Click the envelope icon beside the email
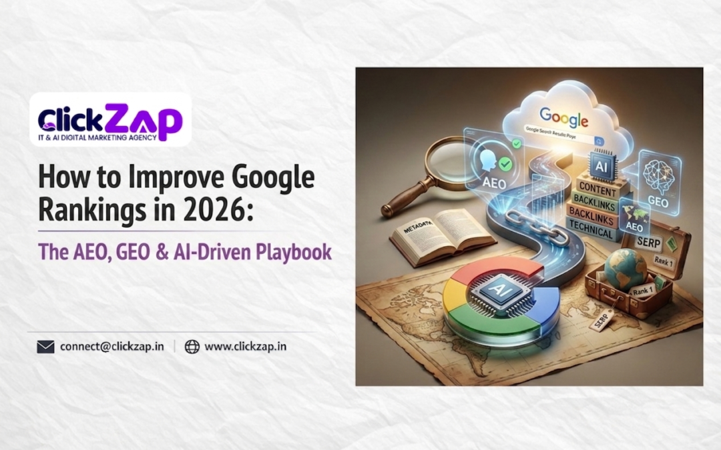pyautogui.click(x=45, y=347)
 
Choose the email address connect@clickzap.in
pyautogui.click(x=112, y=347)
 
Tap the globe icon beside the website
pyautogui.click(x=192, y=347)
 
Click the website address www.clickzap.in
pyautogui.click(x=245, y=347)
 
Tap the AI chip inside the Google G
pyautogui.click(x=498, y=291)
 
